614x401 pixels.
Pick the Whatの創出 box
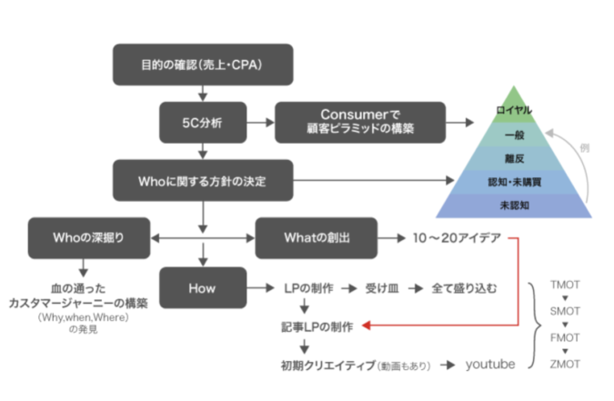[316, 240]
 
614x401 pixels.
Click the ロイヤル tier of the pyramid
[515, 110]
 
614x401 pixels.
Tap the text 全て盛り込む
[464, 289]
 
